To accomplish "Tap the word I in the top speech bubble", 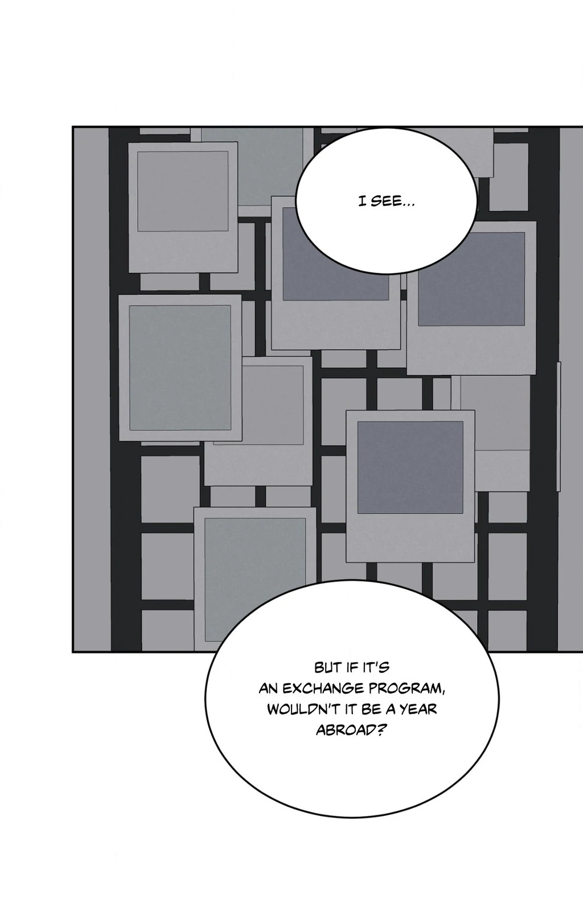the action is coord(361,202).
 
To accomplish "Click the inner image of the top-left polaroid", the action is coord(183,191).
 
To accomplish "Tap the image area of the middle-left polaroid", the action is coord(180,368).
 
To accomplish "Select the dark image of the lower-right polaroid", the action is coord(410,467).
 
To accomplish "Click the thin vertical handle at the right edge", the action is coord(559,426).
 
